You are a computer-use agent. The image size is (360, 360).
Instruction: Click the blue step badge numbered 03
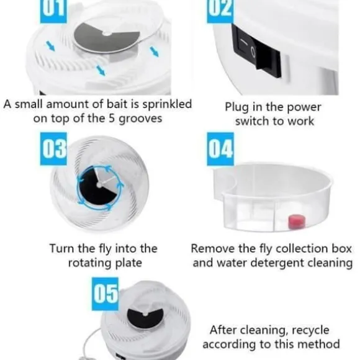[x=53, y=149]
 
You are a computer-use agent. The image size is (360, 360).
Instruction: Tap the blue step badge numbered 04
[x=220, y=149]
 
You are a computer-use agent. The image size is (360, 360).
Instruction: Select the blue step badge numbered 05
[x=105, y=294]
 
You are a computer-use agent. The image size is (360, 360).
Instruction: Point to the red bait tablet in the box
[x=297, y=222]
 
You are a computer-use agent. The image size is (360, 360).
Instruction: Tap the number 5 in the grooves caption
[x=112, y=119]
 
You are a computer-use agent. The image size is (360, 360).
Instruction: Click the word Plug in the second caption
[x=237, y=107]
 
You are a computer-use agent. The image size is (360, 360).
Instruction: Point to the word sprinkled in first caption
[x=167, y=104]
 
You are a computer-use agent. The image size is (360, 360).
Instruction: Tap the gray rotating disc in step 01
[x=106, y=37]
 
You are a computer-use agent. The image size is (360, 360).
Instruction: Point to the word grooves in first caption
[x=140, y=119]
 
